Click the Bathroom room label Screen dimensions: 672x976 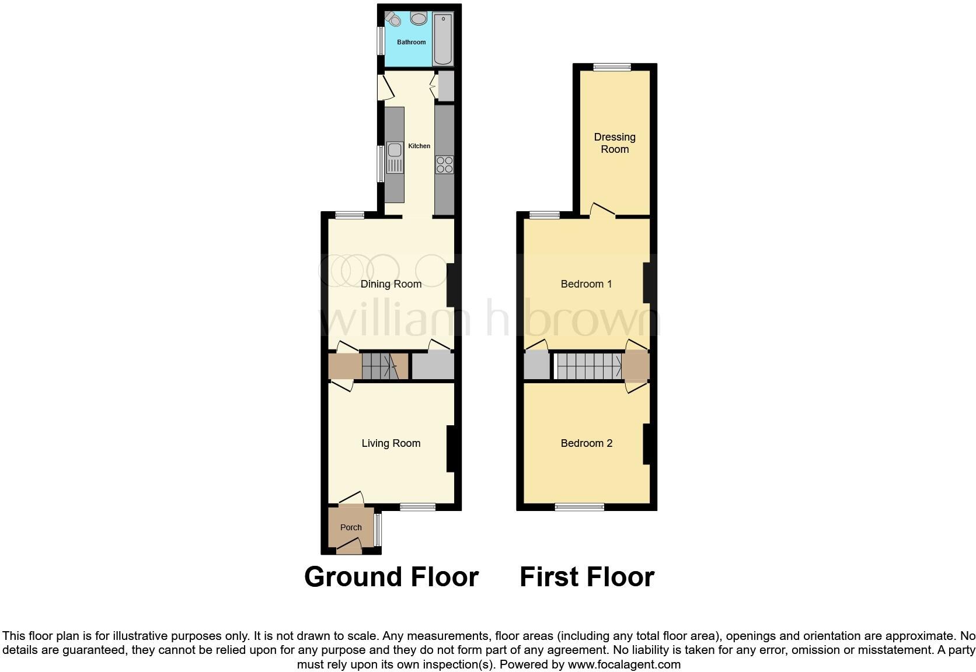[412, 42]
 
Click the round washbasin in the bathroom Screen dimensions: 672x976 [419, 19]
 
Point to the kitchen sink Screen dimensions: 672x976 [395, 158]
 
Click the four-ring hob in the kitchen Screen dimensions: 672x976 [445, 164]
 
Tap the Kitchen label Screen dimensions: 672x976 [419, 146]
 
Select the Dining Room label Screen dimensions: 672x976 [391, 284]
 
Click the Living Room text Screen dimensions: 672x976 [391, 443]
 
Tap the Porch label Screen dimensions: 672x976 [351, 527]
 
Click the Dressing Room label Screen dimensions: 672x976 [615, 143]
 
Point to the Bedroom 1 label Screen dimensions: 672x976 [586, 284]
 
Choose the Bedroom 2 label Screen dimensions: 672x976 [586, 443]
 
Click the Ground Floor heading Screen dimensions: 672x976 [391, 577]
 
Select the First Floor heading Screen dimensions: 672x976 [587, 577]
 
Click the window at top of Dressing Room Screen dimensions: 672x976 [612, 67]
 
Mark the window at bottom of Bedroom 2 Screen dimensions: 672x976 [579, 507]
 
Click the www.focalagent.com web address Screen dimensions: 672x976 [624, 664]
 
